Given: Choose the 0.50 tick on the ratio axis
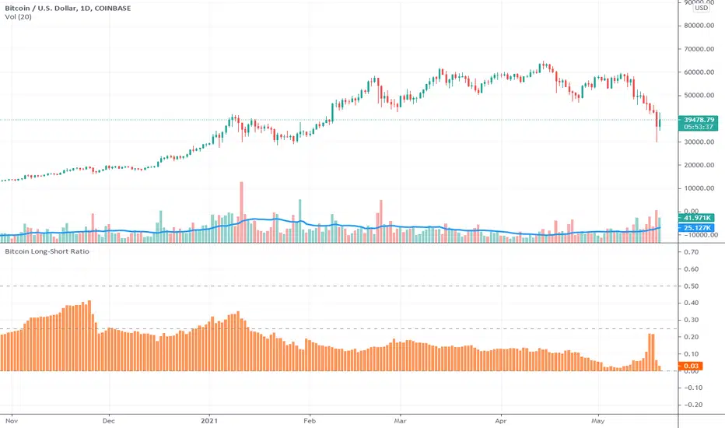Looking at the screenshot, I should (692, 286).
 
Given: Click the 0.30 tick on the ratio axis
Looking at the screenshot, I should (692, 320).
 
